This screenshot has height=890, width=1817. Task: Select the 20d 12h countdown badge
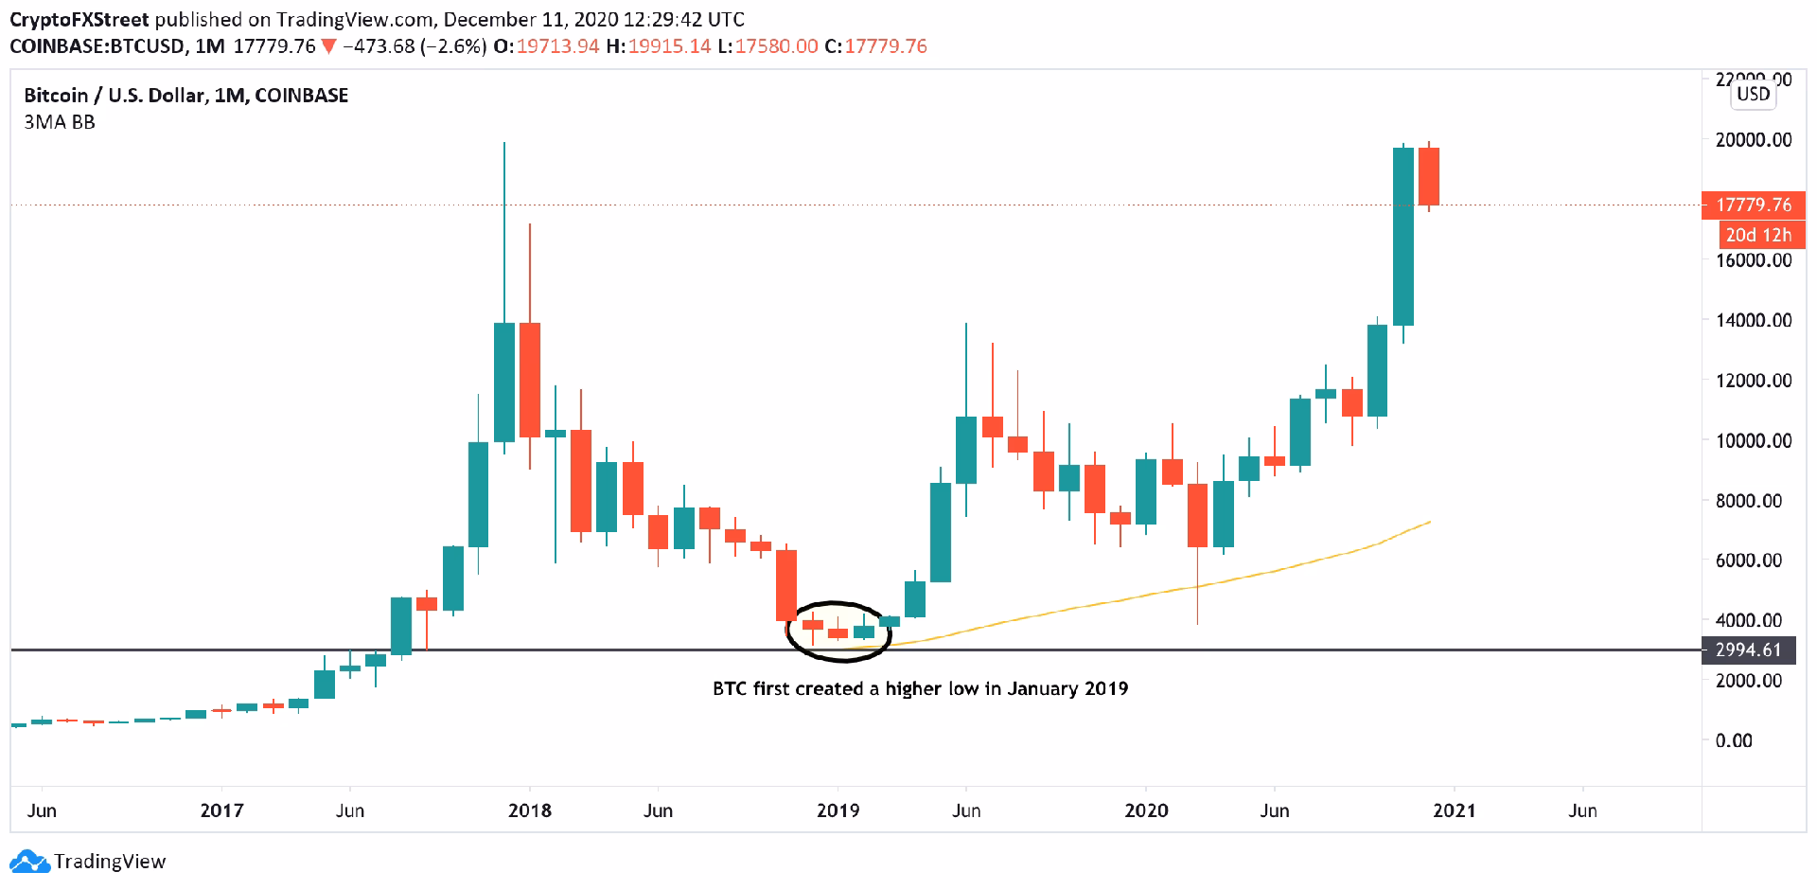[x=1758, y=235]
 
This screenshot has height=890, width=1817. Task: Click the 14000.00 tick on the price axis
[x=1754, y=320]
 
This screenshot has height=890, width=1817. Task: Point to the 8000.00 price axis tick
[x=1754, y=500]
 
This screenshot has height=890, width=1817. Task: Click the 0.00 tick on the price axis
[x=1734, y=740]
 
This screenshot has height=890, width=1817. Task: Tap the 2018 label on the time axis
[x=530, y=810]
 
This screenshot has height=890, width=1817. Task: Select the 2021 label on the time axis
[x=1454, y=810]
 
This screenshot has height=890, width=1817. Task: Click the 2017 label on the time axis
[x=221, y=810]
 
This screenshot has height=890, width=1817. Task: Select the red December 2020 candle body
[x=1428, y=176]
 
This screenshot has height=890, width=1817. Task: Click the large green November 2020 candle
[x=1403, y=237]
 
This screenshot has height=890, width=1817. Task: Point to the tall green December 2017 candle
[x=504, y=382]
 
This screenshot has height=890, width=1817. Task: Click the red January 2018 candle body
[x=530, y=380]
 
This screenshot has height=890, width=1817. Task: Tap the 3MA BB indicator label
[x=60, y=122]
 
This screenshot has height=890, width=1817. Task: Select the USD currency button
[x=1753, y=94]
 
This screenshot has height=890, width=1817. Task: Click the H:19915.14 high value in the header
[x=659, y=46]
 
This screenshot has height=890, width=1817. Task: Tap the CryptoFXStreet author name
[x=79, y=20]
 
